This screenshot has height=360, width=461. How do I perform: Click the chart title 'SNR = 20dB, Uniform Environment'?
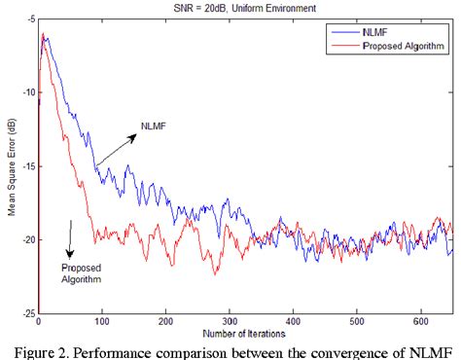click(x=232, y=9)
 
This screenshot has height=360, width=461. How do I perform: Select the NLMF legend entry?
click(x=379, y=31)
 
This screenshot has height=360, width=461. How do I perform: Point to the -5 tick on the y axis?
click(x=27, y=20)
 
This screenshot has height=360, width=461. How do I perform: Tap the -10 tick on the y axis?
click(x=25, y=93)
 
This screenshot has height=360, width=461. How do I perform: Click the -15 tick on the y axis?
click(x=25, y=166)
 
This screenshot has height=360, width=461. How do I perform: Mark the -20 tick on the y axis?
click(x=25, y=239)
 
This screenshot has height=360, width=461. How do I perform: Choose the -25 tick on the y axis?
click(x=25, y=312)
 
